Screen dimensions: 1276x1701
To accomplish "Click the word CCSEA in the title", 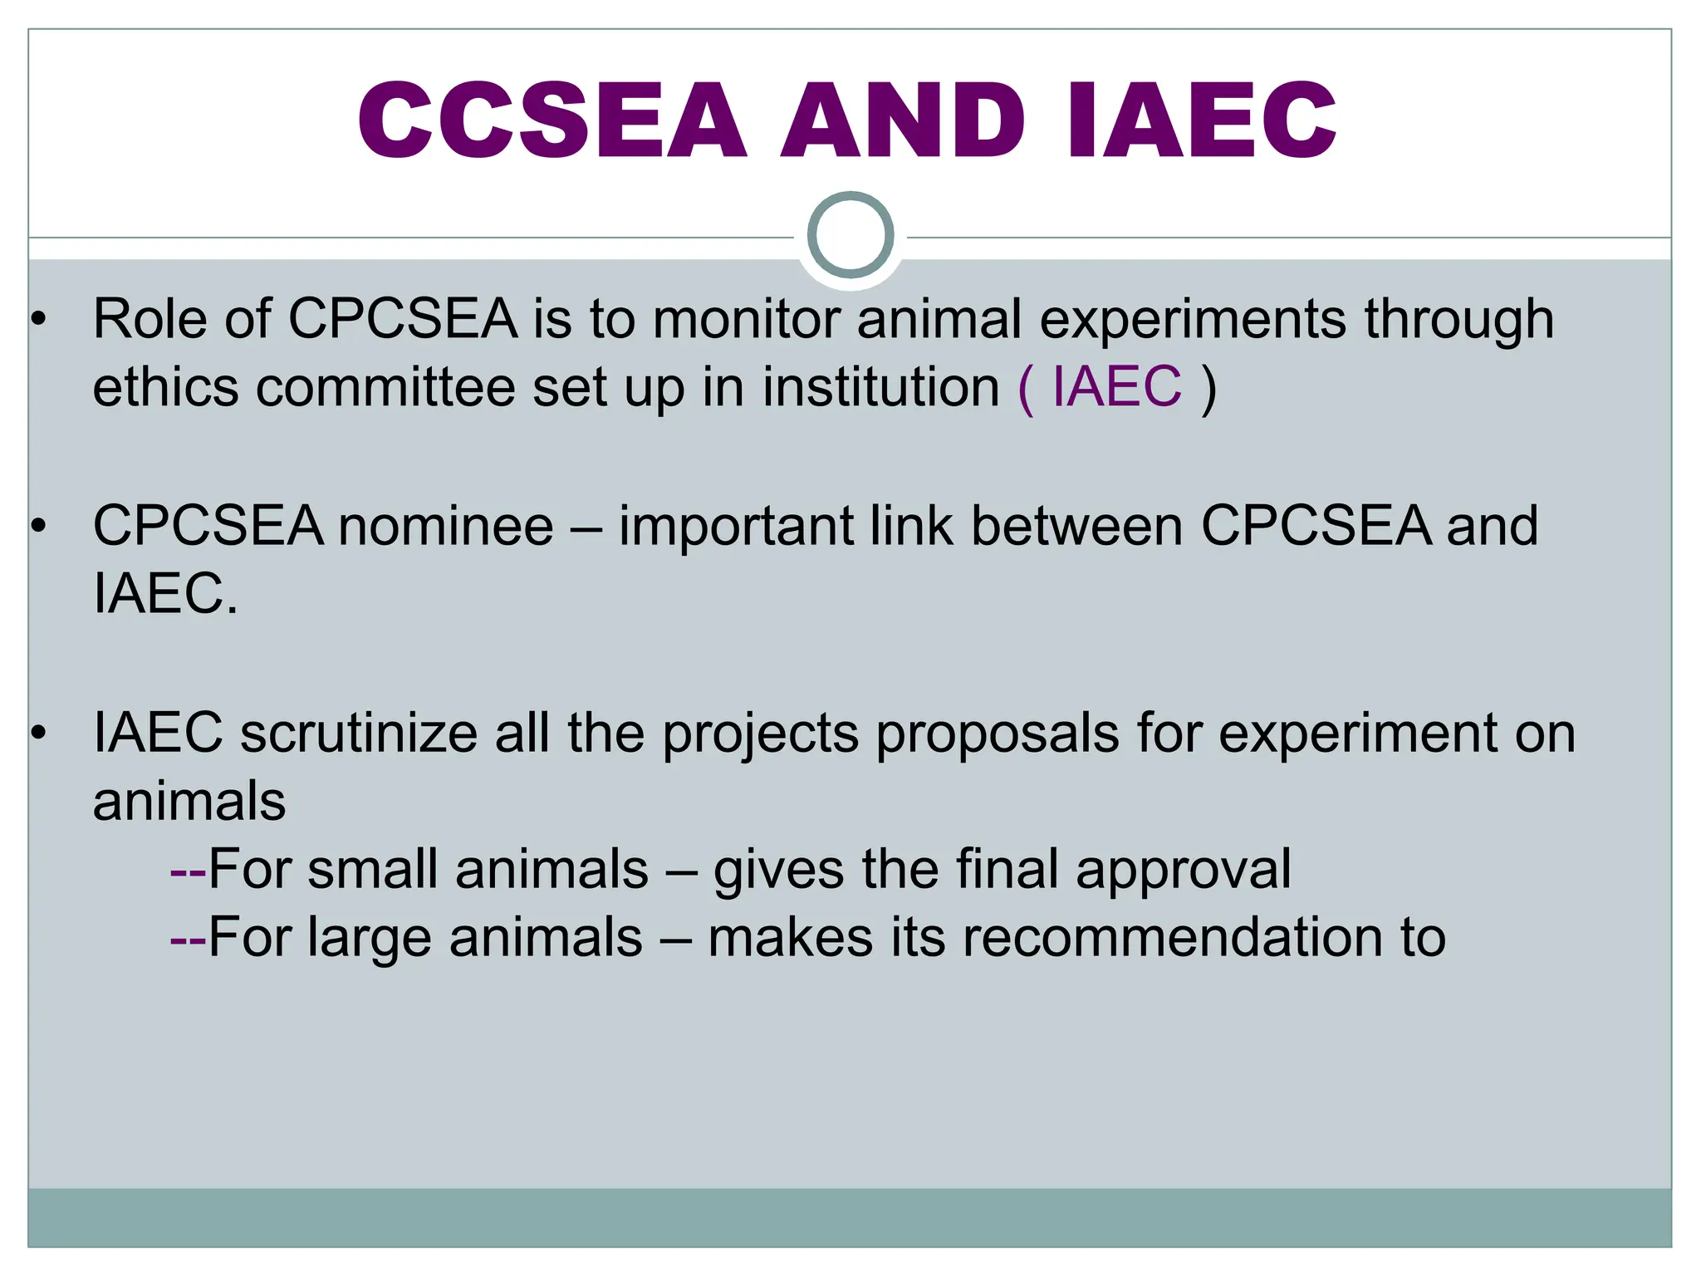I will click(551, 120).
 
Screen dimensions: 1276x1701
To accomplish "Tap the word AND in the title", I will click(903, 120).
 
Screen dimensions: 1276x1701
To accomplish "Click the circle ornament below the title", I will click(850, 235).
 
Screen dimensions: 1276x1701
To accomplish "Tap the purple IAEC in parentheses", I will click(1116, 387).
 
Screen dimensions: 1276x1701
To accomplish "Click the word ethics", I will click(165, 387).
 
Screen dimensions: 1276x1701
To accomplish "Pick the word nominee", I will click(446, 527).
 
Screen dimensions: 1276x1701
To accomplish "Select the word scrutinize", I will click(359, 734).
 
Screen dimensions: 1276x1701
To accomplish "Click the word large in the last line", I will click(371, 939).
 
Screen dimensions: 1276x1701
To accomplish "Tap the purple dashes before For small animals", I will click(188, 871).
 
